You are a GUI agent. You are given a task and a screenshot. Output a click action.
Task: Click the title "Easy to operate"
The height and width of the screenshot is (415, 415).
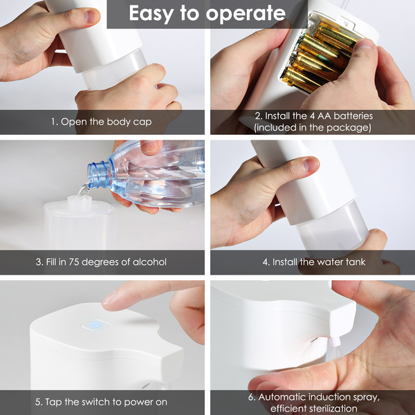click(x=207, y=13)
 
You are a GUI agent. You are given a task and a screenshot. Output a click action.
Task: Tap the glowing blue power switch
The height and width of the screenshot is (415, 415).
click(x=95, y=325)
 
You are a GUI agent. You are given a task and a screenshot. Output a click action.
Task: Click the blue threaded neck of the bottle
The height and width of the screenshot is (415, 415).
click(x=100, y=175)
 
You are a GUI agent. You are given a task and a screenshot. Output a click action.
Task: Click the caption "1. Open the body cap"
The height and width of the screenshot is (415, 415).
click(x=102, y=122)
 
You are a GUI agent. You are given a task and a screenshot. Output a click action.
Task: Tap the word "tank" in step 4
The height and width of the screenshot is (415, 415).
click(x=356, y=262)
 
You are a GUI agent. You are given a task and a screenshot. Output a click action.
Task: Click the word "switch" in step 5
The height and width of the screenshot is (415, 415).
click(x=96, y=402)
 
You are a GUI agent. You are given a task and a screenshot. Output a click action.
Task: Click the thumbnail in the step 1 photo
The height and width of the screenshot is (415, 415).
click(x=91, y=16)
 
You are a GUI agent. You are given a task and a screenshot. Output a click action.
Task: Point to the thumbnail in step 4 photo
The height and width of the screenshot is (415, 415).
click(x=311, y=165)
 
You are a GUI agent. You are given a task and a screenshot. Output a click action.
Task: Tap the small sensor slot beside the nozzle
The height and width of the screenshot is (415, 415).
click(x=314, y=340)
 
